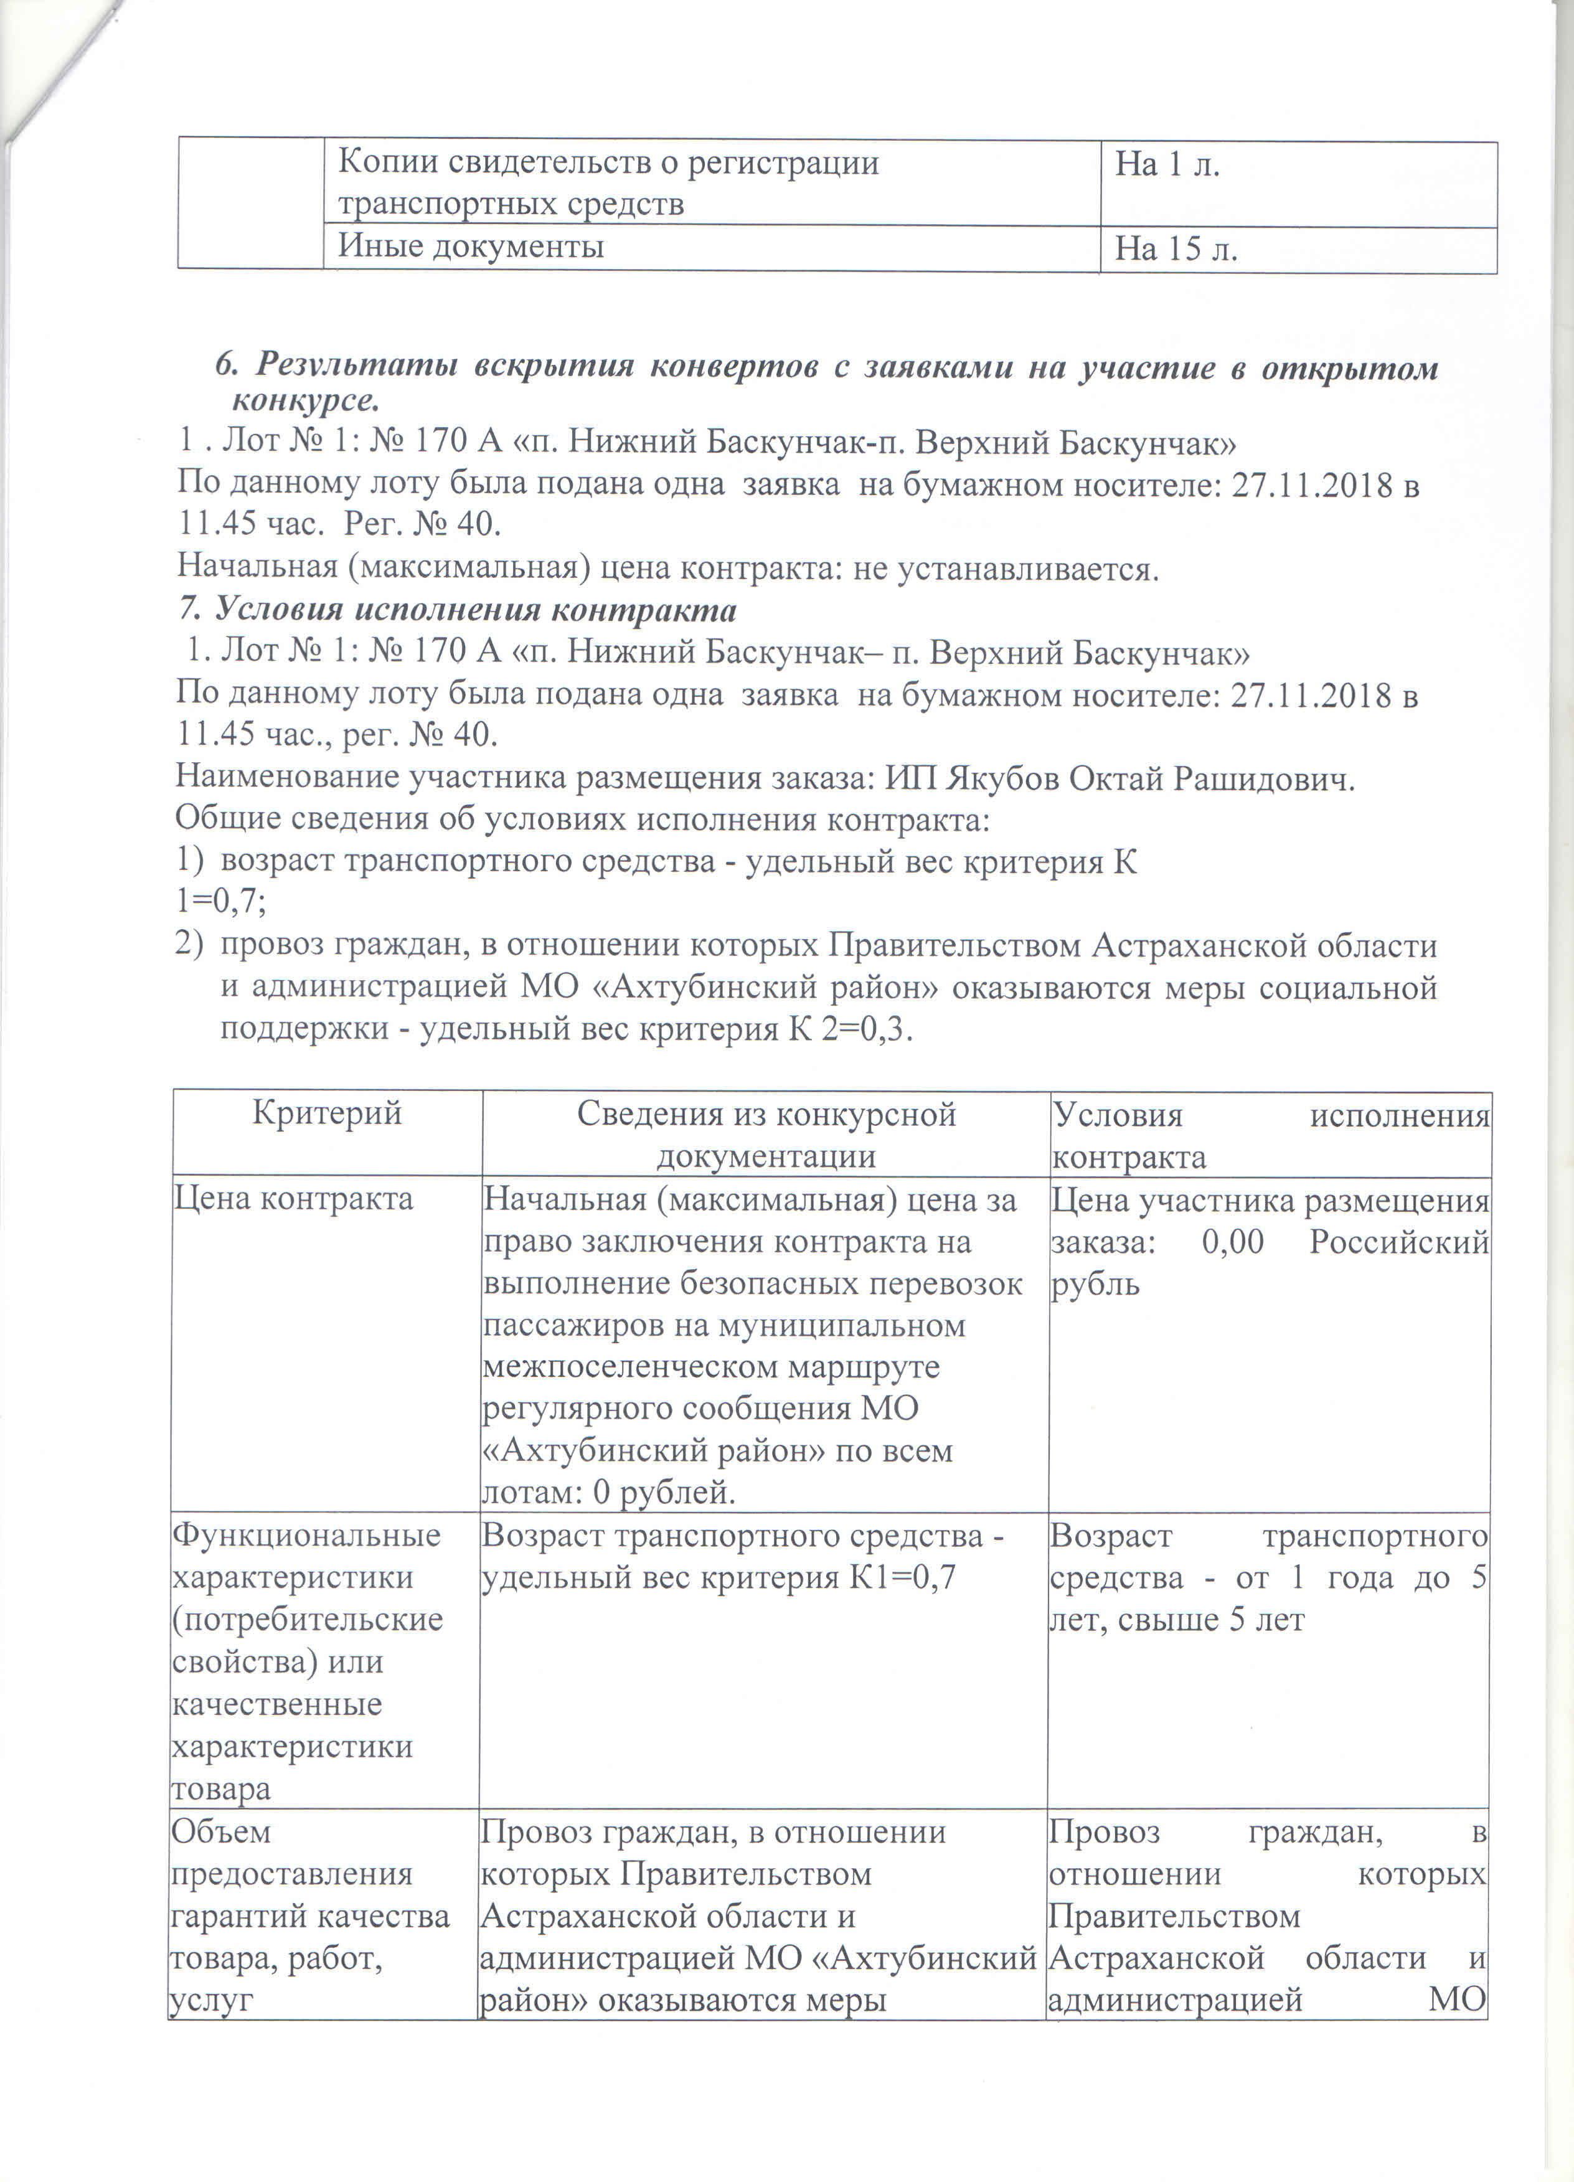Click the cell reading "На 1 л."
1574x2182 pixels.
click(1166, 166)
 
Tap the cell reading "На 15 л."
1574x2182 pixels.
click(1175, 250)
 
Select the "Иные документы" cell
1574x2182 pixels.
click(471, 247)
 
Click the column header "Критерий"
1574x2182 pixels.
click(326, 1113)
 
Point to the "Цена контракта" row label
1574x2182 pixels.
click(293, 1199)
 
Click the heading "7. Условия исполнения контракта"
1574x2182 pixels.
click(458, 610)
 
